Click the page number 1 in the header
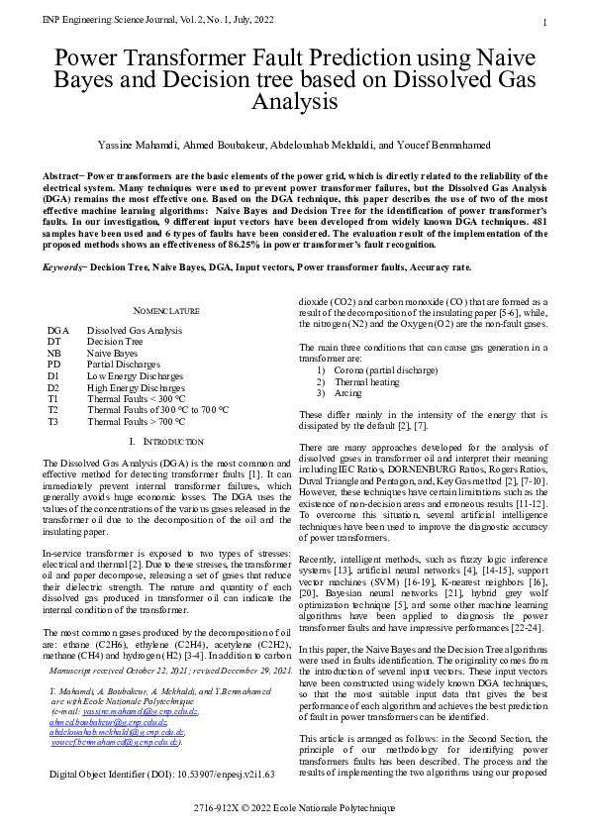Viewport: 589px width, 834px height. (x=545, y=23)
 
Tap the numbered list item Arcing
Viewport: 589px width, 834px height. (x=347, y=392)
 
